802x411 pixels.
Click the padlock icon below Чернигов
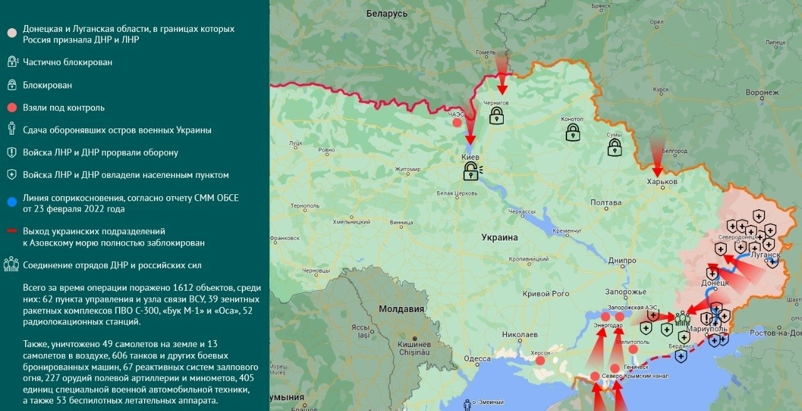pyautogui.click(x=496, y=115)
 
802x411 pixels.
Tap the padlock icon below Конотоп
pyautogui.click(x=573, y=132)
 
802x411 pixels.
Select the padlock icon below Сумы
pyautogui.click(x=615, y=147)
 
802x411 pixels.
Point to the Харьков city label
pyautogui.click(x=662, y=182)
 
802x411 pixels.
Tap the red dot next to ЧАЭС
pyautogui.click(x=457, y=123)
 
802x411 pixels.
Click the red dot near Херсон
pyautogui.click(x=540, y=360)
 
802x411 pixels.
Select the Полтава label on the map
pyautogui.click(x=606, y=202)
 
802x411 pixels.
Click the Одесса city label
pyautogui.click(x=477, y=358)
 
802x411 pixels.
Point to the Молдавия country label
pyautogui.click(x=401, y=309)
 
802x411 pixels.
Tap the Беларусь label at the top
pyautogui.click(x=387, y=14)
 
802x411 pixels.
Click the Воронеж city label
pyautogui.click(x=762, y=93)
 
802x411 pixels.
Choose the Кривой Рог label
pyautogui.click(x=546, y=293)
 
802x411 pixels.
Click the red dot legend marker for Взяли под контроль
pyautogui.click(x=11, y=108)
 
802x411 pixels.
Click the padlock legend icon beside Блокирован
pyautogui.click(x=11, y=85)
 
